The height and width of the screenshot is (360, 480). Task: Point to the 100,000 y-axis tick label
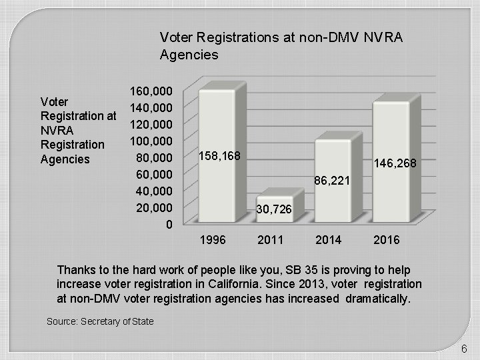[151, 141]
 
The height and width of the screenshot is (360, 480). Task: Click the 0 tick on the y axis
[169, 225]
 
